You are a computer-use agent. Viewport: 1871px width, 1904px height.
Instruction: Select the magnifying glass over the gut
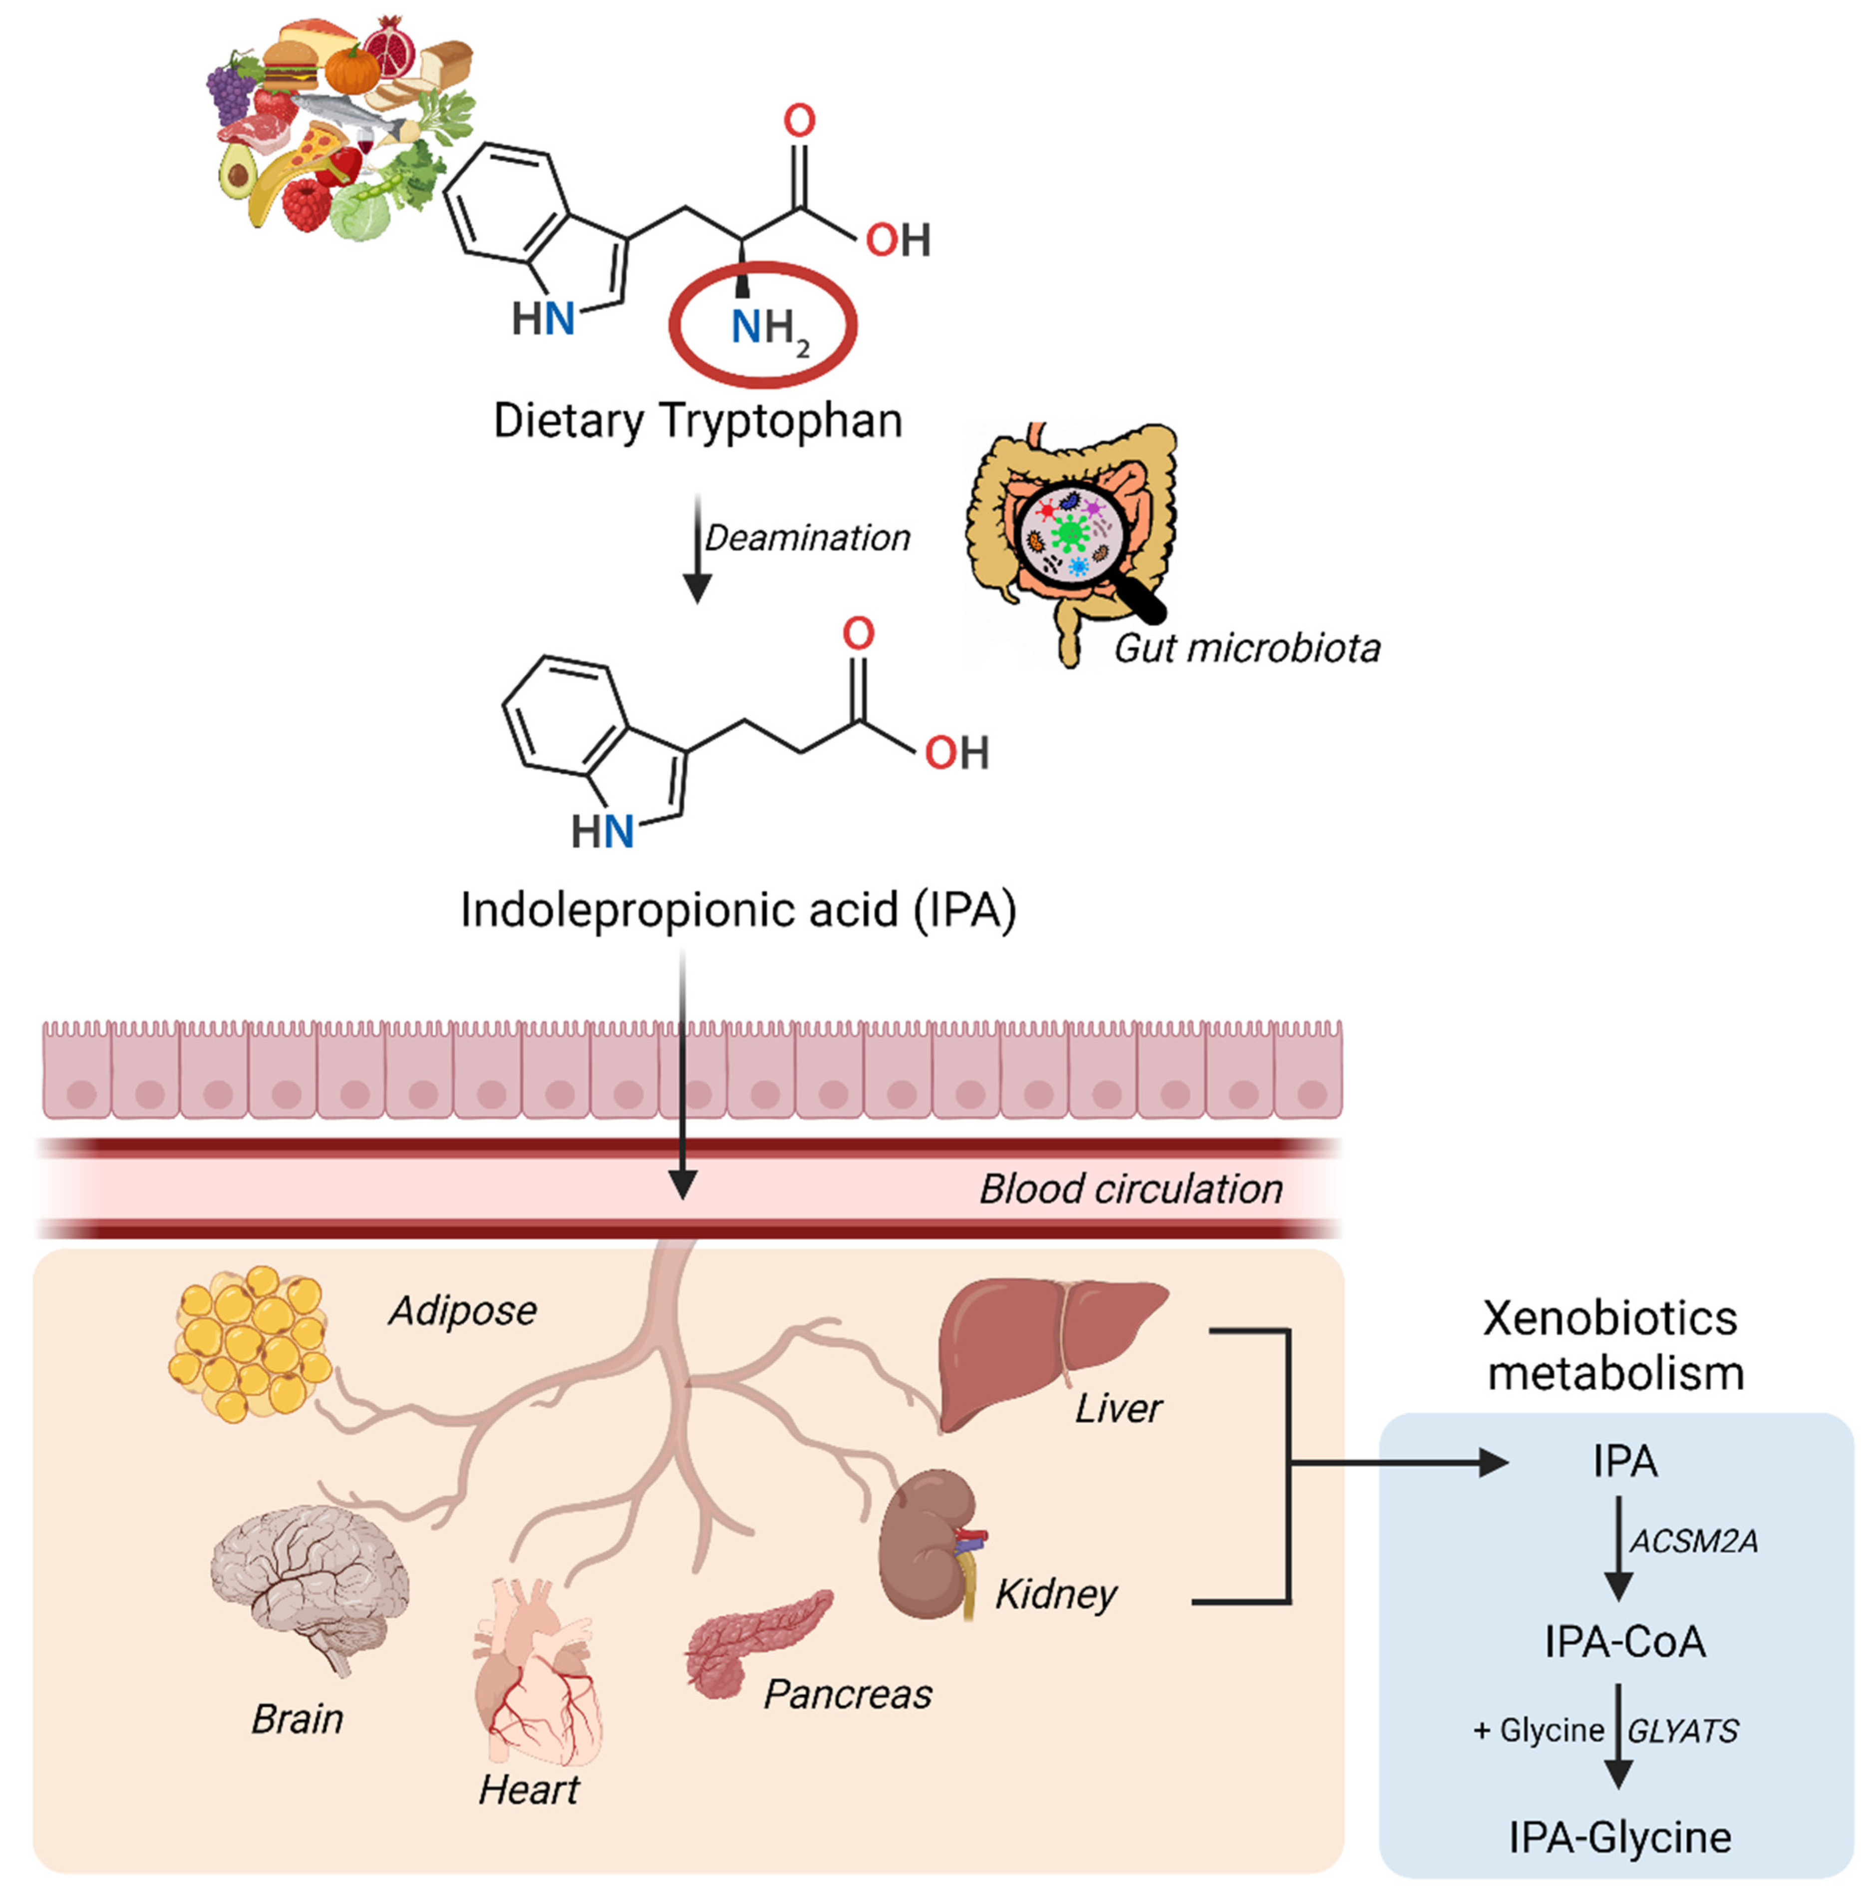1071,536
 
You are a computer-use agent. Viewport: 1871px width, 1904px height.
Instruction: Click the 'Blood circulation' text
1130,1189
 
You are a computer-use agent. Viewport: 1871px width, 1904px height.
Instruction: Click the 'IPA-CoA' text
1624,1641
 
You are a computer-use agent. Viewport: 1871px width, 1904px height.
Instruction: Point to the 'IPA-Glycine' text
1619,1836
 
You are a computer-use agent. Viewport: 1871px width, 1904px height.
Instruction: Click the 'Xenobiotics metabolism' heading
1613,1345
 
